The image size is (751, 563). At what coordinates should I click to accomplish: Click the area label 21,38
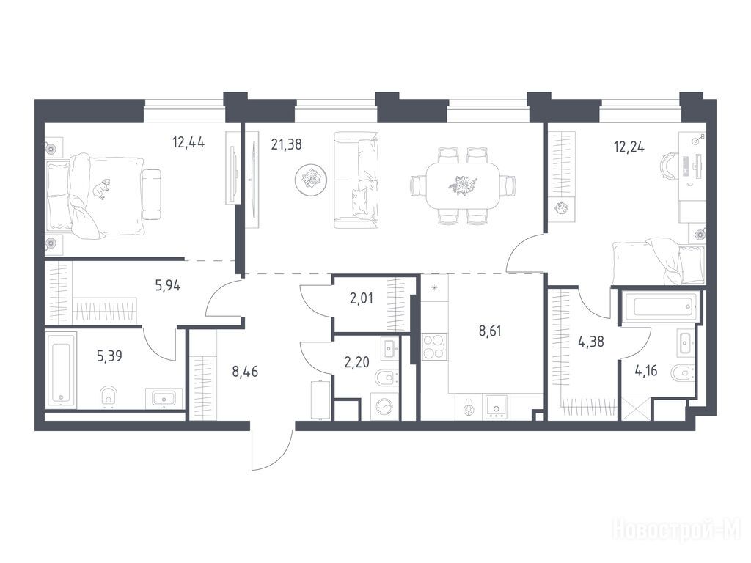(287, 144)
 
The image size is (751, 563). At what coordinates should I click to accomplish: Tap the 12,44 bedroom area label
(188, 142)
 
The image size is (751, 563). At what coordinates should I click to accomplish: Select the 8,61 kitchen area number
(490, 331)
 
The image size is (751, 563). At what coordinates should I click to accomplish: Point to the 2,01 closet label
(361, 299)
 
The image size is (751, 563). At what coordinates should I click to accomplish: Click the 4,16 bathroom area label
(645, 370)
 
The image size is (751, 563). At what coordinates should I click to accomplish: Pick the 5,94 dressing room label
(168, 286)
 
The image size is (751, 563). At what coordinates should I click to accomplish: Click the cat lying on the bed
(101, 188)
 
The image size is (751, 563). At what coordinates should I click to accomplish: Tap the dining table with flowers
(463, 185)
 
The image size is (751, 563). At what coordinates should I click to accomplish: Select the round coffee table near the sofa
(311, 180)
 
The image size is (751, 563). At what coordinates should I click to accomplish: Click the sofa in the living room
(356, 180)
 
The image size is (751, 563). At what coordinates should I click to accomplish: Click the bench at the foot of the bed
(152, 194)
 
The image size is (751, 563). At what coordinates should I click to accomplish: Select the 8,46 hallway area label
(245, 372)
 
